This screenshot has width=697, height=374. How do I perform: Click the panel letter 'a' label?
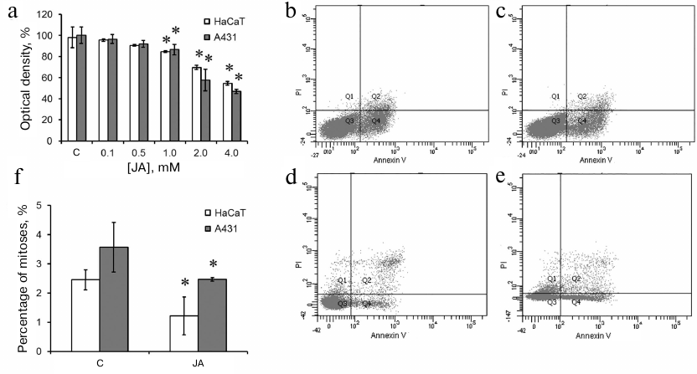(x=8, y=10)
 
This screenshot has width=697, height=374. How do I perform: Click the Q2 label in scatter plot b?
(x=376, y=97)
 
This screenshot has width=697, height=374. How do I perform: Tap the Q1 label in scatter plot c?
(x=555, y=97)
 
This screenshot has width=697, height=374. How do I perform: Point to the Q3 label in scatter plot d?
(x=341, y=303)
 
